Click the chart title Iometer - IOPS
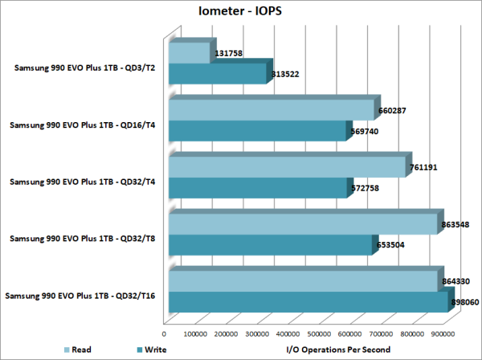point(240,11)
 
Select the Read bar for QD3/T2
point(190,53)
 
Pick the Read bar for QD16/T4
point(272,110)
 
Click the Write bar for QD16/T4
point(257,131)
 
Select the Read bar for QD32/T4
point(287,167)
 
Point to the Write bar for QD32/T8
point(270,245)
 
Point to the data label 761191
point(427,169)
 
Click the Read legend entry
point(78,350)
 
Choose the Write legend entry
point(151,350)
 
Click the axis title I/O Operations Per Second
point(338,350)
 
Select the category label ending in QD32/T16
point(81,297)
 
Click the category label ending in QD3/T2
point(84,67)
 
